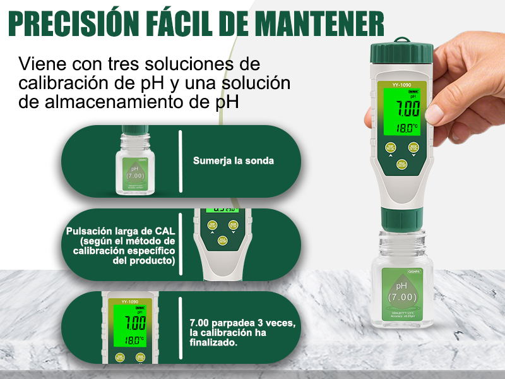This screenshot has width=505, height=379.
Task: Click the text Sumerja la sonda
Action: coord(234,161)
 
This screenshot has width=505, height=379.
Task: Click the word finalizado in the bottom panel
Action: coord(213,343)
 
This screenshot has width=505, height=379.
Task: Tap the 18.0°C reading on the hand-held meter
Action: coord(407,128)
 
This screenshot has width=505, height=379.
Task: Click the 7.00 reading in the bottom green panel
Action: coord(134,323)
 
